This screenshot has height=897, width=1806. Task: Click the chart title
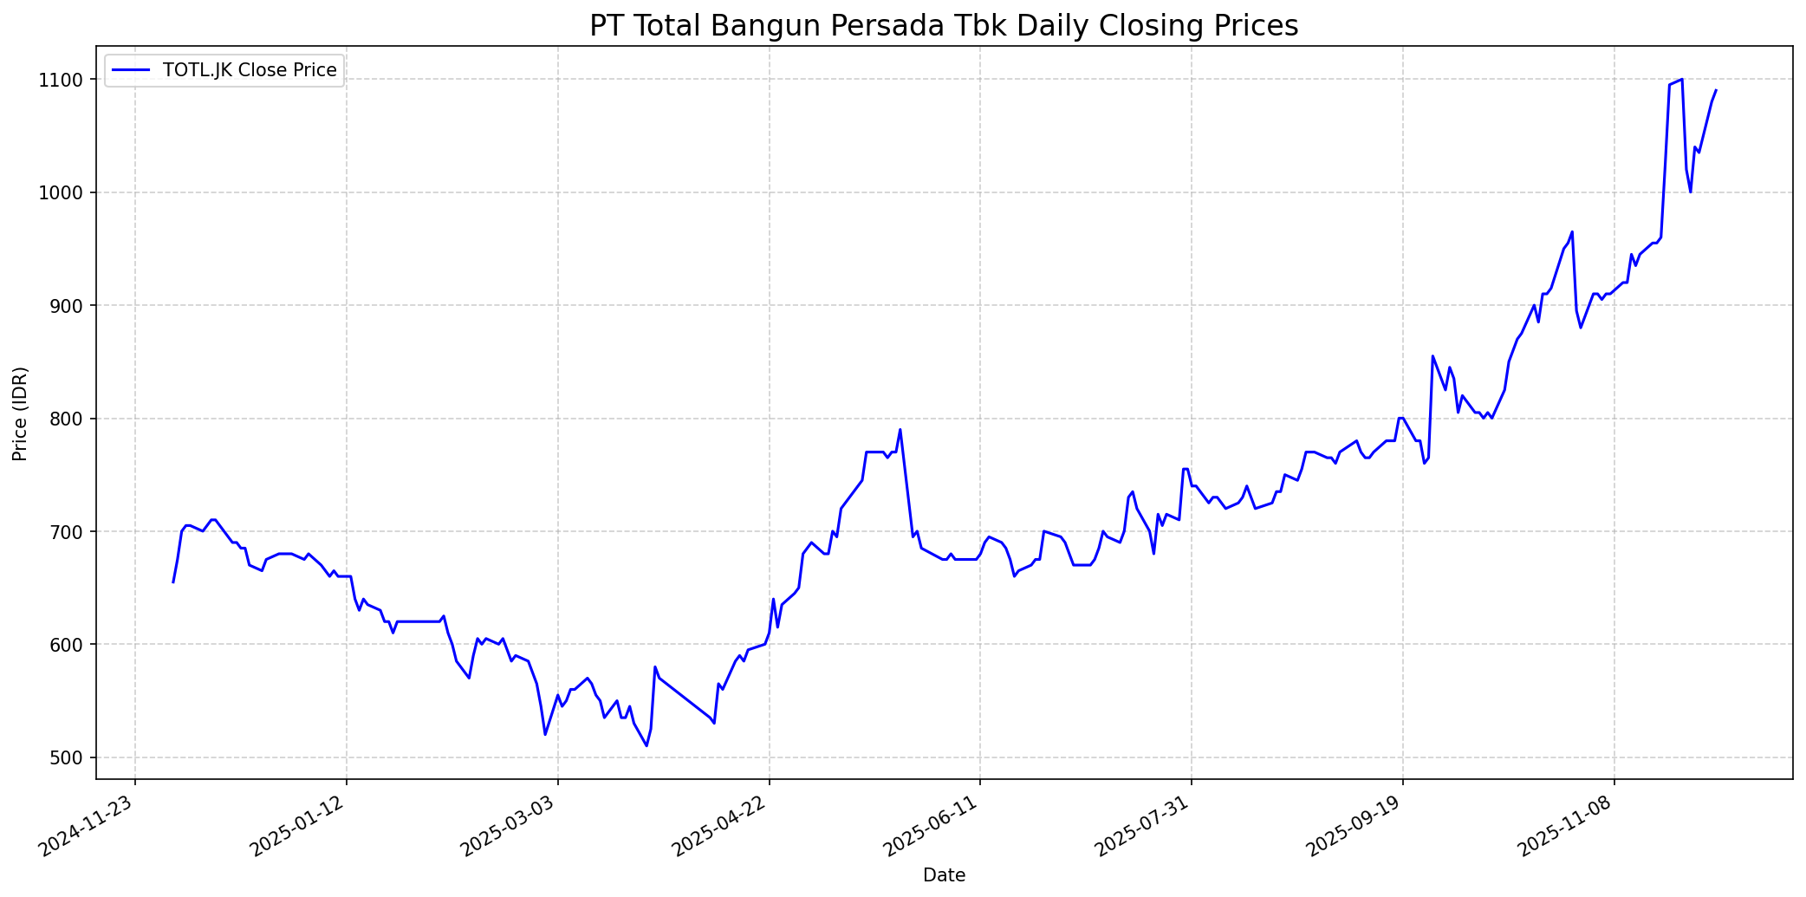(944, 26)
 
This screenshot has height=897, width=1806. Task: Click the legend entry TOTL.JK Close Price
(250, 70)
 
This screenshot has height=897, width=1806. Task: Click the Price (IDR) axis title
(21, 413)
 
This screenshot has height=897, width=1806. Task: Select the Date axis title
(944, 875)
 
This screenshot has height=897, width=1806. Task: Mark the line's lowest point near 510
(646, 745)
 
